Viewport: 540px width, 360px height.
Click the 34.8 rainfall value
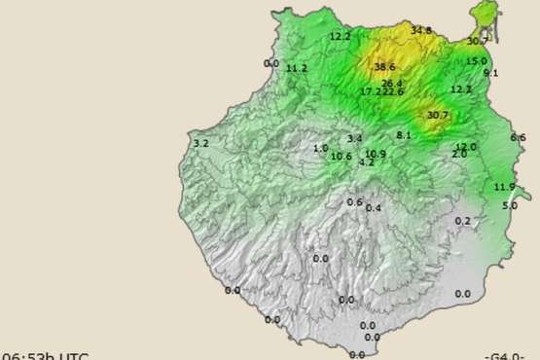tap(420, 31)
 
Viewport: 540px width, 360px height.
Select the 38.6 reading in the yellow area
tap(384, 67)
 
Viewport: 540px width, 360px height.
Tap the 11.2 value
tap(297, 68)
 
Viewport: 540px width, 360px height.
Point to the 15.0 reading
tap(476, 61)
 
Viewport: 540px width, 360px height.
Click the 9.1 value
tap(490, 73)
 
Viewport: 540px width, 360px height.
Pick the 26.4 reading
tap(391, 83)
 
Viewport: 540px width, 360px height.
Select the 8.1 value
tap(404, 134)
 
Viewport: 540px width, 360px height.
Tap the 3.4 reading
tap(354, 139)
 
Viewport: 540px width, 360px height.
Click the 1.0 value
tap(320, 148)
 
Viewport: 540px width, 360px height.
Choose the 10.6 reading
tap(341, 157)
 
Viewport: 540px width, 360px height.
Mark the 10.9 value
tap(376, 154)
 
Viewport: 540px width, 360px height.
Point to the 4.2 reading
tap(366, 162)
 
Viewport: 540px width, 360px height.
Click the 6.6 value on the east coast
tap(518, 138)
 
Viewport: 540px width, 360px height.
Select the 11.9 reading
tap(504, 187)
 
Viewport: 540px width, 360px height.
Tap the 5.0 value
tap(510, 206)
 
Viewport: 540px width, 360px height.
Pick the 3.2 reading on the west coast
tap(201, 144)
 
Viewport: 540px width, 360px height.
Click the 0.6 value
tap(354, 201)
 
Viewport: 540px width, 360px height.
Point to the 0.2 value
tap(462, 221)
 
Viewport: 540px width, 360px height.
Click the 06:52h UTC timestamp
tap(46, 355)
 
